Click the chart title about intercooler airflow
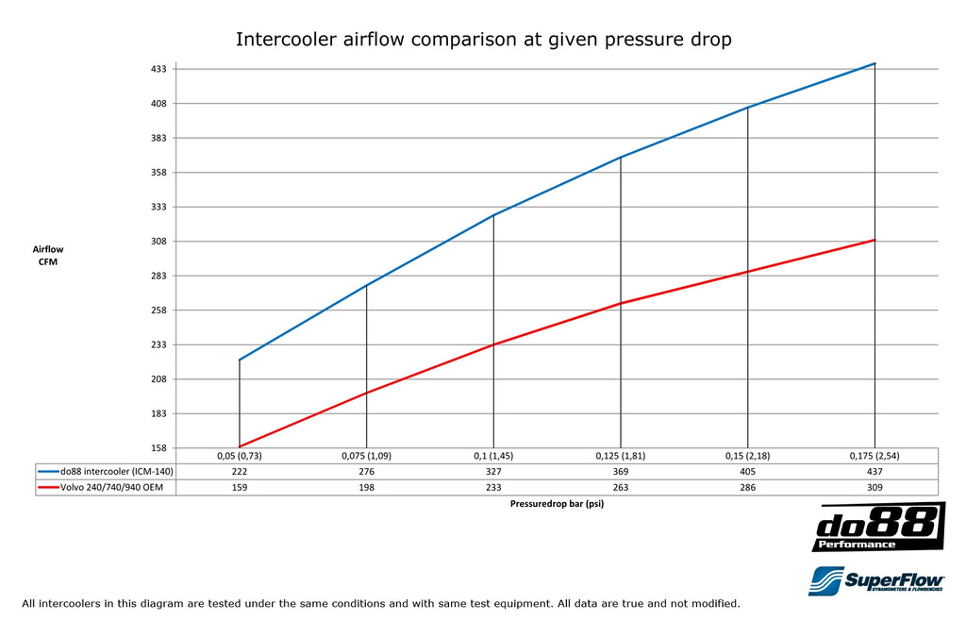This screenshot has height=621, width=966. (483, 40)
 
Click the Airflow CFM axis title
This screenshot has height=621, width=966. (48, 255)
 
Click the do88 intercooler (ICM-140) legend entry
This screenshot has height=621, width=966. (106, 470)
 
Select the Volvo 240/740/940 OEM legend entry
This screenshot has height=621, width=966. (106, 487)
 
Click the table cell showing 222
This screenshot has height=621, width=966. (240, 470)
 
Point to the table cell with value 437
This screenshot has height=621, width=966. (874, 470)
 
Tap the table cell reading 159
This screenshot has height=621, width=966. (240, 487)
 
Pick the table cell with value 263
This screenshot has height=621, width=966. (621, 487)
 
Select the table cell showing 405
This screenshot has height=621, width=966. (748, 470)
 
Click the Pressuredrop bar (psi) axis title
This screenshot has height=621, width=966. (557, 504)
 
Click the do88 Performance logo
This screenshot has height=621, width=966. (878, 528)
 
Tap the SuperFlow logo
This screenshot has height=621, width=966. (875, 579)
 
